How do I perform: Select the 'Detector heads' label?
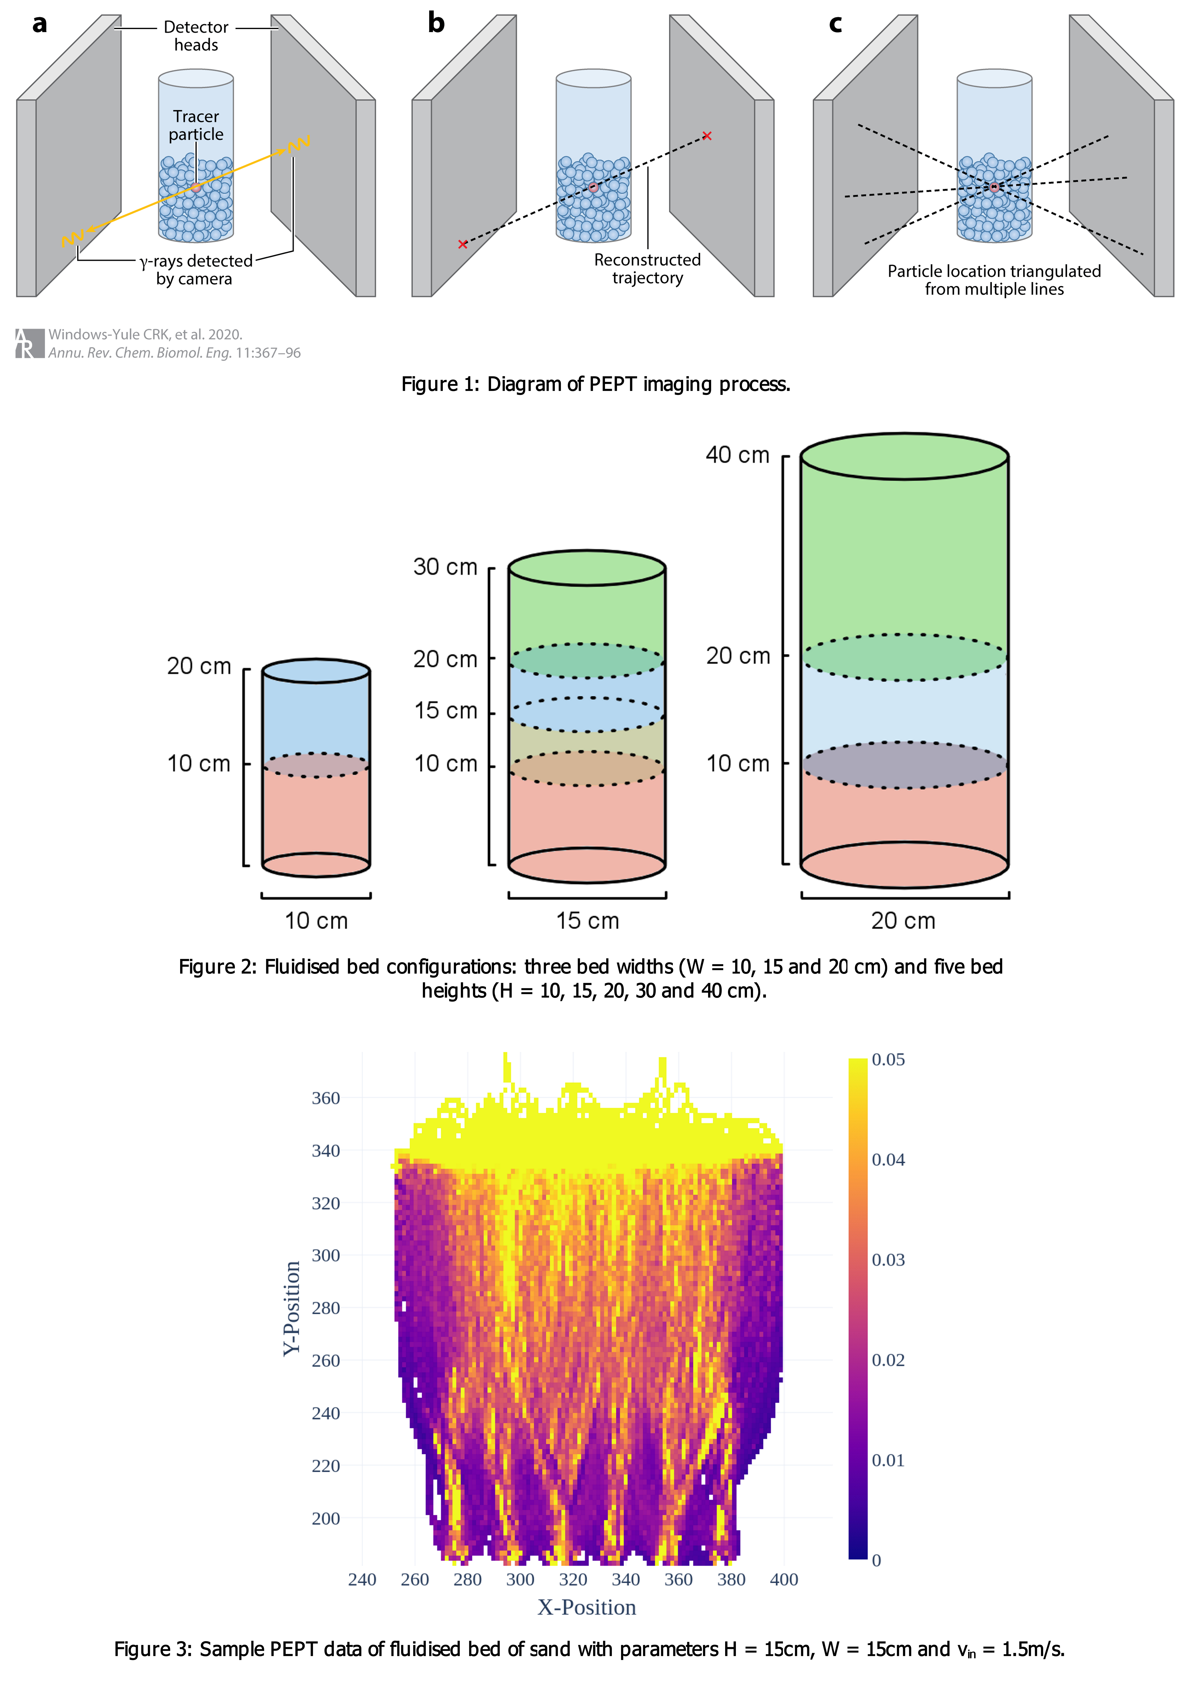[x=196, y=36]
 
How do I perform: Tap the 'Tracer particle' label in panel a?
[x=196, y=125]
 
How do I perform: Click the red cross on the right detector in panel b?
[x=707, y=136]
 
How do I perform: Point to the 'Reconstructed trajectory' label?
[x=647, y=269]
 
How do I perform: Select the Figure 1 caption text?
[x=595, y=384]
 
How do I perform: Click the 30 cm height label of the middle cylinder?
[x=445, y=567]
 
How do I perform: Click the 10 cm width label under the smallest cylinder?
[x=316, y=921]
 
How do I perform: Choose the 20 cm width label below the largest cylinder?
[x=903, y=921]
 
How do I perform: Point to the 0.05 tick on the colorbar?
[x=888, y=1060]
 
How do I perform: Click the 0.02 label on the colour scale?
[x=888, y=1360]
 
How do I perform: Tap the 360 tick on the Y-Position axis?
[x=326, y=1098]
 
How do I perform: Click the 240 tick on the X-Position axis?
[x=362, y=1580]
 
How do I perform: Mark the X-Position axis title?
[x=586, y=1607]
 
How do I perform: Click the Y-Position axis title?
[x=292, y=1309]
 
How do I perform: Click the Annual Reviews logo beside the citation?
[x=29, y=343]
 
